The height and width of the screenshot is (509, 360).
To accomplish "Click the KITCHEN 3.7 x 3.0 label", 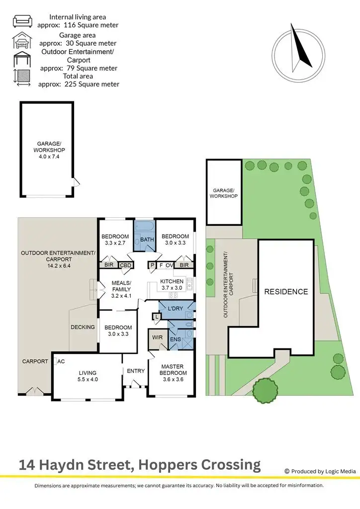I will [x=172, y=284].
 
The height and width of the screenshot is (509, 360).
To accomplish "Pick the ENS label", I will [x=175, y=339].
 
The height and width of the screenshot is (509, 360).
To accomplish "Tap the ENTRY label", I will [x=135, y=371].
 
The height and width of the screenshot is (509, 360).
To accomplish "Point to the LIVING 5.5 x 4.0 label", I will [x=87, y=376].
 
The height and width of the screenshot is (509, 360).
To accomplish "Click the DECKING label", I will [x=83, y=327].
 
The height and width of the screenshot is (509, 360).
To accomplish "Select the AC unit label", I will [x=62, y=361].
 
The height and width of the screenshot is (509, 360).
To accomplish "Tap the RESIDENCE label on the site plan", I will [x=285, y=292].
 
